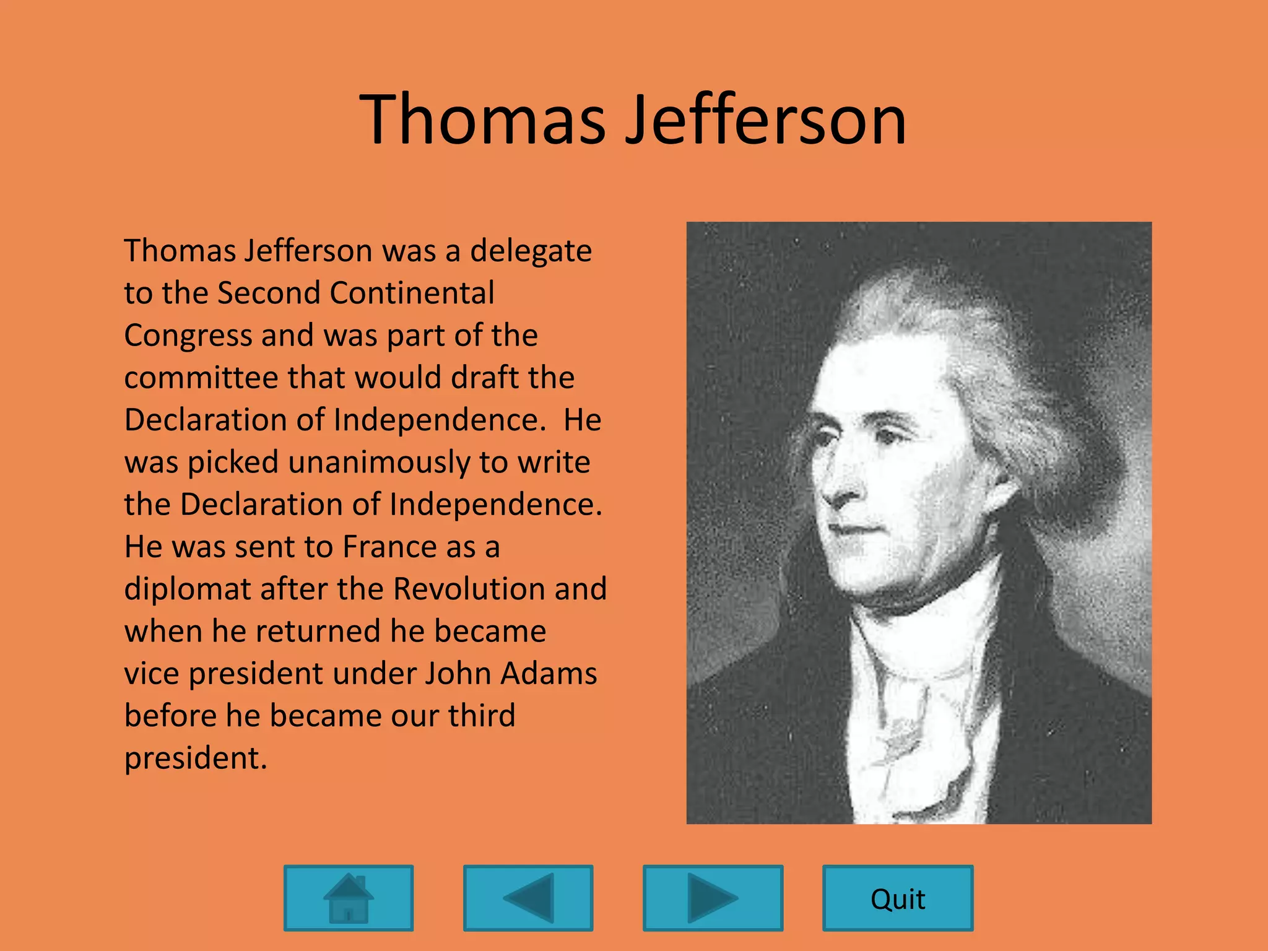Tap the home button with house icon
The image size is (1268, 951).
[349, 898]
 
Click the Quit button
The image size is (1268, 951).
[897, 898]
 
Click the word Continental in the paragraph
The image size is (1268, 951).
[412, 293]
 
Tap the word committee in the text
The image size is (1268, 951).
[201, 378]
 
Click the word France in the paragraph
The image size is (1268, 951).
[391, 547]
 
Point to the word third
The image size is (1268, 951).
[482, 716]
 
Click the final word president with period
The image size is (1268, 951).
[195, 758]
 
